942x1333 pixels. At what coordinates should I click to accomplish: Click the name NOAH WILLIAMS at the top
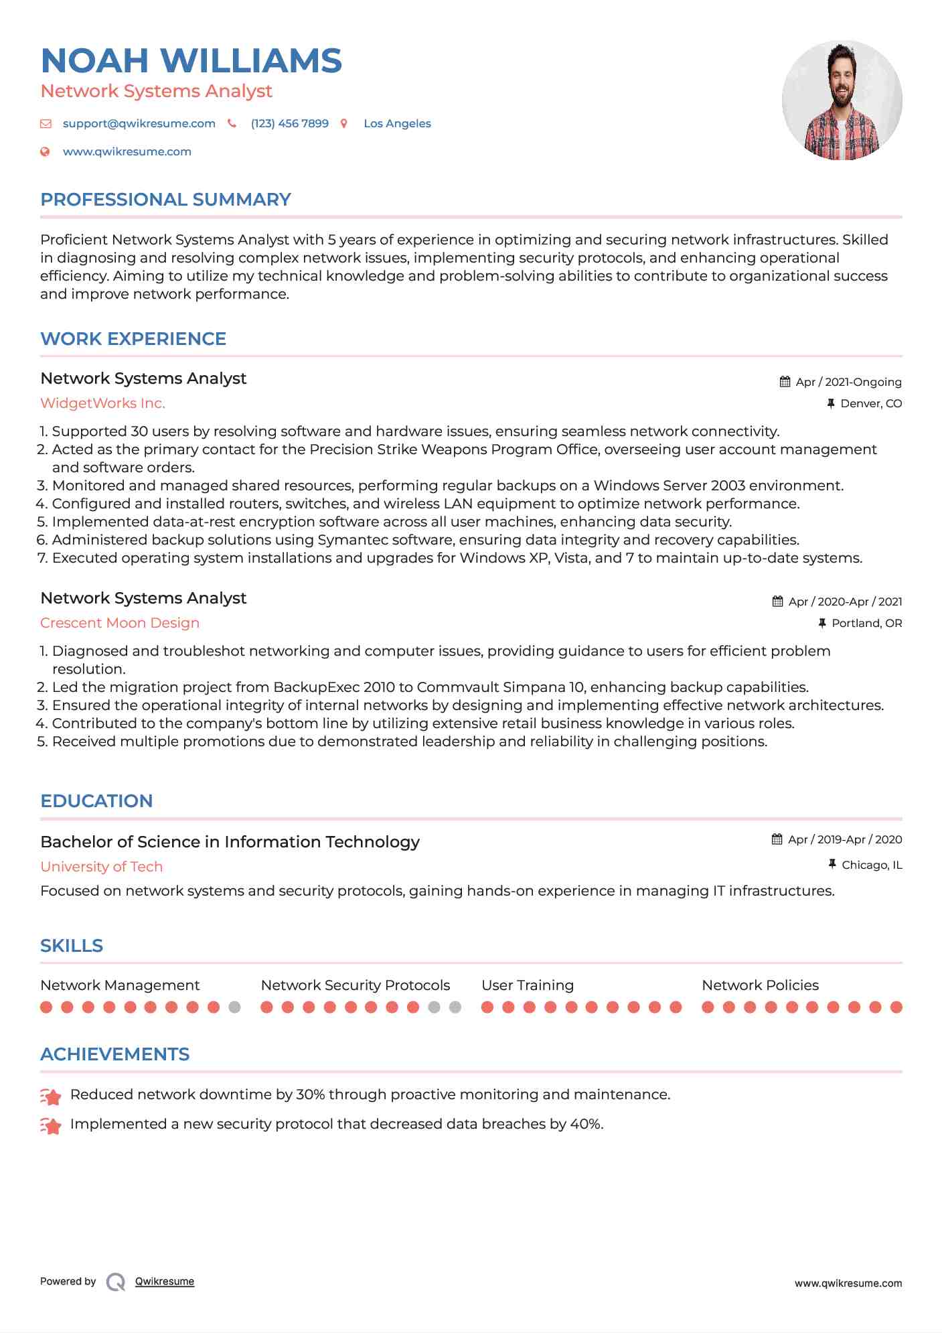pos(191,61)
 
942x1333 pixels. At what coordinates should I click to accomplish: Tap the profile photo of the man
pos(842,100)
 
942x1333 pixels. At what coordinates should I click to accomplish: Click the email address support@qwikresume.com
pos(139,124)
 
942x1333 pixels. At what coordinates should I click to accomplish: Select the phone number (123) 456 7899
pos(289,124)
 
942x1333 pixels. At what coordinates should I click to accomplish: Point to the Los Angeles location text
pos(397,124)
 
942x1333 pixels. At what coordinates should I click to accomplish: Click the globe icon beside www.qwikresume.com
pos(46,152)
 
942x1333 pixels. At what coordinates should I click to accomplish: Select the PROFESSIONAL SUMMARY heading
pos(165,200)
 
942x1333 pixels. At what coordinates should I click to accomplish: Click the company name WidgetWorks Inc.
pos(102,403)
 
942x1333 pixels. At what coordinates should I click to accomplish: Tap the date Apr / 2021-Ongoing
pos(848,382)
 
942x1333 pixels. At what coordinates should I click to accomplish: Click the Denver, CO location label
pos(870,403)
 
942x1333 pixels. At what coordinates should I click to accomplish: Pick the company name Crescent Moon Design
pos(120,623)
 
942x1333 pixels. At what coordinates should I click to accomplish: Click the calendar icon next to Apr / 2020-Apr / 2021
pos(777,602)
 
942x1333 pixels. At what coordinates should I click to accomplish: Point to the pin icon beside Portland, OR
pos(822,623)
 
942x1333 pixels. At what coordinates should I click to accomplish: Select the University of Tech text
pos(101,867)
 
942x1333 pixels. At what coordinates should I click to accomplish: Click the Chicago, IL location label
pos(871,865)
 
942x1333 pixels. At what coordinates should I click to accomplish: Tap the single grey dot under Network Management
pos(234,1007)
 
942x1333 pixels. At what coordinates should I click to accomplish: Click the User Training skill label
pos(528,985)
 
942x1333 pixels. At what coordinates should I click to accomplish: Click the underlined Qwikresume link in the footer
pos(165,1281)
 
